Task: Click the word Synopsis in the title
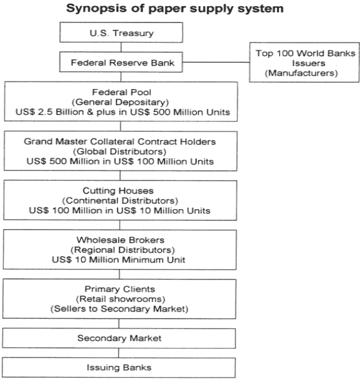coord(97,9)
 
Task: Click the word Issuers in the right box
coord(308,63)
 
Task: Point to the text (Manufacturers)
coord(301,73)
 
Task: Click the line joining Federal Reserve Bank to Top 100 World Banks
coord(216,62)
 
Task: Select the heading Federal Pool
coord(121,92)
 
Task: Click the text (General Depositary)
coord(120,102)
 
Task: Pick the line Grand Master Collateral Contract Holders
coord(120,141)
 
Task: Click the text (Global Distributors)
coord(120,152)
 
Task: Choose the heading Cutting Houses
coord(118,190)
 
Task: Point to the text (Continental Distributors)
coord(120,200)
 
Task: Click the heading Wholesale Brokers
coord(120,240)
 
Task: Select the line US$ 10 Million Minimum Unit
coord(118,260)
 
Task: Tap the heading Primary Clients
coord(120,289)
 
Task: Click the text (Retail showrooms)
coord(120,299)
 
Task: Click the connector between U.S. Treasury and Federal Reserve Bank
coord(121,47)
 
